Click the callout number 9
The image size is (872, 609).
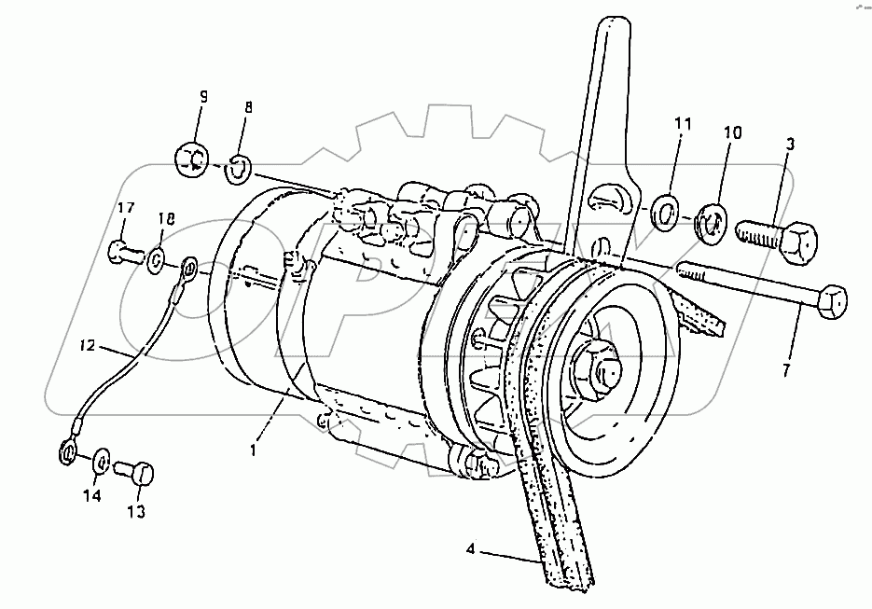[202, 96]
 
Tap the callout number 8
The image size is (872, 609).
[248, 107]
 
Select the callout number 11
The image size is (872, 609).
[684, 123]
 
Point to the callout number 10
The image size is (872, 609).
[732, 133]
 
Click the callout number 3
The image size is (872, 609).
[790, 145]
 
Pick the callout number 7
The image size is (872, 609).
[785, 370]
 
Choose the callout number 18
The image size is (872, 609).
[166, 219]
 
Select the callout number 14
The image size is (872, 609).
[91, 497]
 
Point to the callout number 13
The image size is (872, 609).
[136, 511]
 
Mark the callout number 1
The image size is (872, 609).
[251, 450]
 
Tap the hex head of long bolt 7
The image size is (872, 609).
[832, 301]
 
